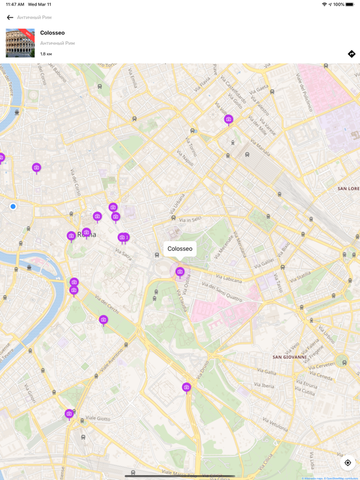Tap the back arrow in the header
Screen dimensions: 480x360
[10, 17]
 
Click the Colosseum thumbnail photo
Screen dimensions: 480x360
[20, 43]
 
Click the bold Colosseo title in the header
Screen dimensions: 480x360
[52, 32]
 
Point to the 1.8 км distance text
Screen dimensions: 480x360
[46, 54]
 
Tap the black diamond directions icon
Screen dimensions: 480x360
[351, 54]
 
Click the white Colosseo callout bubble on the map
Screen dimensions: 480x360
[180, 249]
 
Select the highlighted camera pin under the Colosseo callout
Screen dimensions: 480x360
[180, 272]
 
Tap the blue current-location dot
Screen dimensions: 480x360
[13, 206]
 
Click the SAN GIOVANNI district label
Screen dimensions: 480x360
[290, 357]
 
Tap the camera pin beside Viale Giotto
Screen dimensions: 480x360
[69, 414]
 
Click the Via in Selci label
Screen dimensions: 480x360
[190, 219]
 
